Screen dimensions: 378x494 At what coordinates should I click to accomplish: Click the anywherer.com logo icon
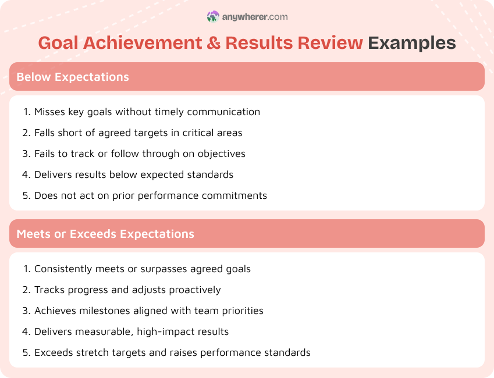tap(213, 17)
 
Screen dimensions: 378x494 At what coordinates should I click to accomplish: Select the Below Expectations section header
tap(73, 77)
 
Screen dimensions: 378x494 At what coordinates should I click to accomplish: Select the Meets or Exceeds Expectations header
tap(105, 234)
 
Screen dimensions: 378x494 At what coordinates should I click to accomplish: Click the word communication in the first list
tap(227, 112)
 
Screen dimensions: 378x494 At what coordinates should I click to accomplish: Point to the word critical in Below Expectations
tap(197, 133)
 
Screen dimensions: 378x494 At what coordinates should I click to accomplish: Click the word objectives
tap(217, 154)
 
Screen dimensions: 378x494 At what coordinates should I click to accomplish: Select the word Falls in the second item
tap(45, 133)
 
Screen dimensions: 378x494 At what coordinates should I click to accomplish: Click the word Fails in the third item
tap(45, 154)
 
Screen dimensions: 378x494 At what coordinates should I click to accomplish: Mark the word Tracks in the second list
tap(48, 290)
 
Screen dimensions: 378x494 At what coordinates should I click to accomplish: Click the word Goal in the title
tap(58, 42)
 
